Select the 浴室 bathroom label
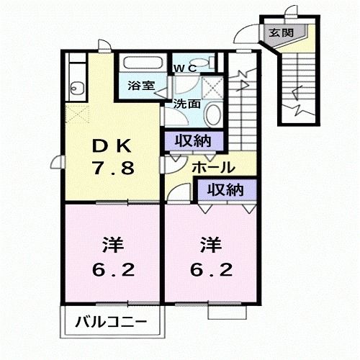[141, 86]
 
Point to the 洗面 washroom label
[186, 103]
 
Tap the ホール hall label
[212, 167]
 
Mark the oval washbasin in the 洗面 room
[213, 114]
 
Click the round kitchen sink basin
[77, 89]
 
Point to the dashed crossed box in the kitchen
[76, 113]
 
